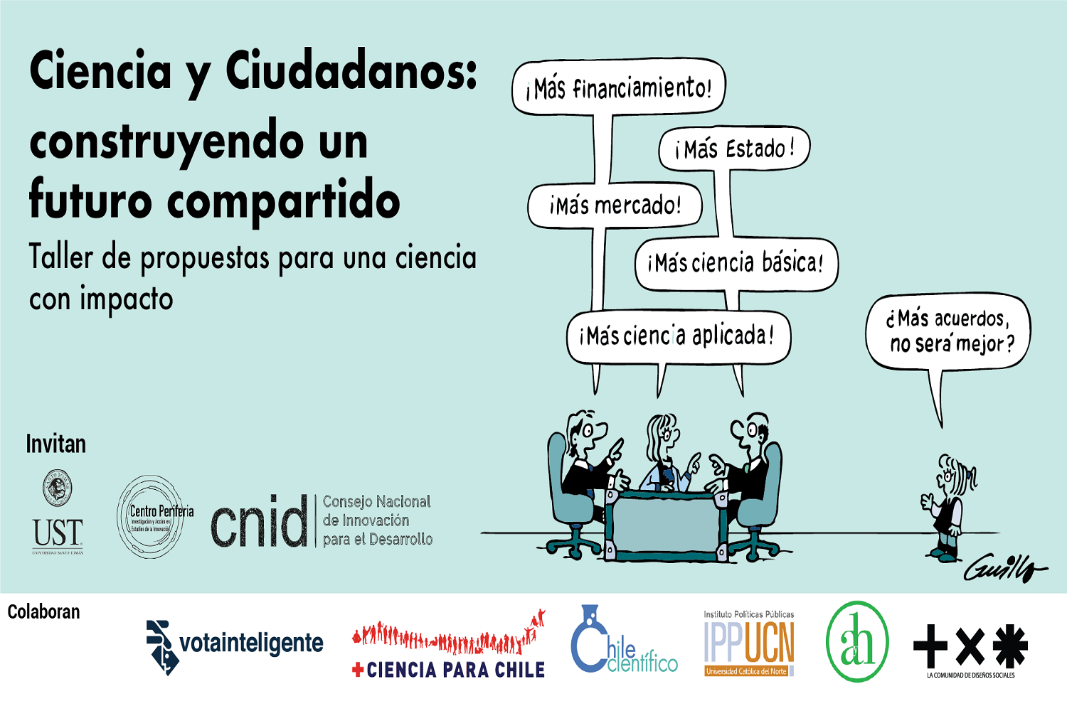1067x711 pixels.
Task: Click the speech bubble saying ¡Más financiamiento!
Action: [618, 88]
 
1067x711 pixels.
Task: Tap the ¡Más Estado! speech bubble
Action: [734, 149]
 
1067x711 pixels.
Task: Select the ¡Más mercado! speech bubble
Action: [615, 206]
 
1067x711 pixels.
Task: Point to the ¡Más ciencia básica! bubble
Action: [736, 264]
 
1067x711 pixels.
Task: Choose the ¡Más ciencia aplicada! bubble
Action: [678, 336]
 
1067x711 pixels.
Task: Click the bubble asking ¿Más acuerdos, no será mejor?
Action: [948, 331]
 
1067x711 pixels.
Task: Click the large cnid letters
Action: [259, 522]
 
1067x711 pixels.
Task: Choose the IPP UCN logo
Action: [749, 644]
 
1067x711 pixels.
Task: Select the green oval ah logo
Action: [857, 642]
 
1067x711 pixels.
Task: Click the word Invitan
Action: [55, 444]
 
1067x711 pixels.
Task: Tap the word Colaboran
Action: [43, 611]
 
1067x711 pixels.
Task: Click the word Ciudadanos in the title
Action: [351, 71]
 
